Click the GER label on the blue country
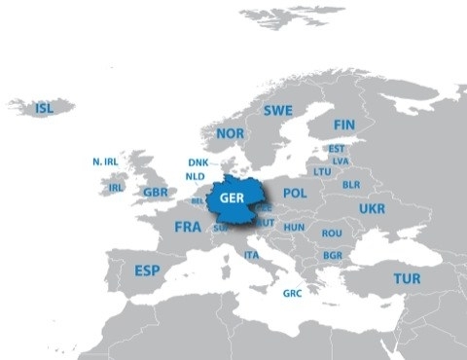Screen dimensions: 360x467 [x=232, y=198]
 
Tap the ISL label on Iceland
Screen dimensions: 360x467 [x=45, y=108]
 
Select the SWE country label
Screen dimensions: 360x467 [x=277, y=111]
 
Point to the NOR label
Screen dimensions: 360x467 [x=231, y=133]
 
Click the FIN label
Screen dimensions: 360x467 [x=343, y=126]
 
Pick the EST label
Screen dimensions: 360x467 [x=337, y=149]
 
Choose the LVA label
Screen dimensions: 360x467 [x=340, y=161]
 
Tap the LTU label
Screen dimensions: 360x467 [x=322, y=171]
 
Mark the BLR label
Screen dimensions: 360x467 [x=351, y=184]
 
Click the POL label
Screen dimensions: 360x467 [x=295, y=194]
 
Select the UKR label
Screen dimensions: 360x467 [x=372, y=209]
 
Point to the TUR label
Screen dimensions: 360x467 [x=407, y=278]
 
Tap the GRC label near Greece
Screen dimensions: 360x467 [x=292, y=293]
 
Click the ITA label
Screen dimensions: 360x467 [x=251, y=255]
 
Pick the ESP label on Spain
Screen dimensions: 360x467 [x=147, y=270]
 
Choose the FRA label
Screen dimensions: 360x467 [x=188, y=227]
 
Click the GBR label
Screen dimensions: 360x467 [x=156, y=192]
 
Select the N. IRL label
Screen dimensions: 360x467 [x=104, y=162]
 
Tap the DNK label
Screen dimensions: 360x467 [x=198, y=162]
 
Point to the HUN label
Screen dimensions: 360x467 [x=294, y=228]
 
